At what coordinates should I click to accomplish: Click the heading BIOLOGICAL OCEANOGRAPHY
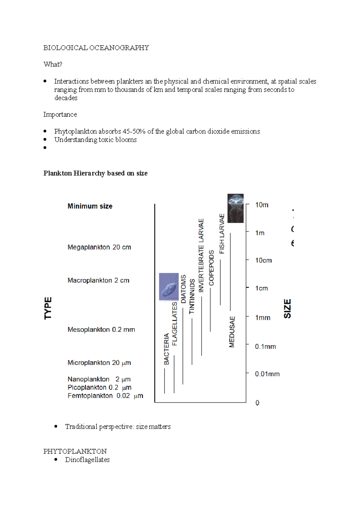tap(96, 48)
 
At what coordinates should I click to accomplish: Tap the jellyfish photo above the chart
tap(235, 208)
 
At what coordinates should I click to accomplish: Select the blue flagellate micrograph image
tap(169, 287)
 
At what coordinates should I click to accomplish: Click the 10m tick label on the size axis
tap(262, 205)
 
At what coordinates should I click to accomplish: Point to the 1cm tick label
tap(261, 288)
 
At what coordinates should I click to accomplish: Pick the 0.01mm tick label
tap(267, 374)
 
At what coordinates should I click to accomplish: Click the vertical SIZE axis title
tap(287, 308)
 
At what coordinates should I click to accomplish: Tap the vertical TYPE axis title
tap(48, 308)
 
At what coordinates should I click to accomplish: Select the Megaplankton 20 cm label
tap(99, 247)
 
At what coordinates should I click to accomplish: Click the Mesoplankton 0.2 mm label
tap(101, 330)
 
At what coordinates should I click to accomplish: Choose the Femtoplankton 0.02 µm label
tap(105, 396)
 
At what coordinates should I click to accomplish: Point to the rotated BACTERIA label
tap(166, 349)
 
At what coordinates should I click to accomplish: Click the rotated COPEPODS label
tap(211, 268)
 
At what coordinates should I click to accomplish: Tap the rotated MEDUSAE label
tap(232, 332)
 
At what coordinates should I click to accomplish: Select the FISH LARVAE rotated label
tap(222, 234)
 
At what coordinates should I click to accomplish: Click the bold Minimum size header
tap(90, 206)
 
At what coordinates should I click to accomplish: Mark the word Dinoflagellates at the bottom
tap(87, 460)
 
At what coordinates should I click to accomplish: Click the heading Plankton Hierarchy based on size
tap(95, 173)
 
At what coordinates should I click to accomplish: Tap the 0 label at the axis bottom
tap(257, 403)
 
